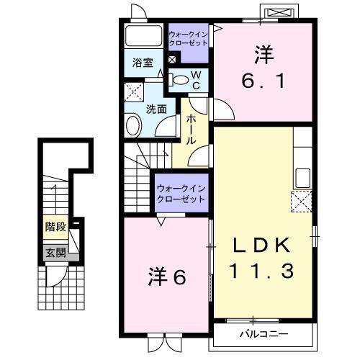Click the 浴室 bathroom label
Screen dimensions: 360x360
pyautogui.click(x=142, y=63)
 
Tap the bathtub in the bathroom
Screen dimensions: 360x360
pyautogui.click(x=143, y=36)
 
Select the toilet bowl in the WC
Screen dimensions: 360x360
pyautogui.click(x=184, y=79)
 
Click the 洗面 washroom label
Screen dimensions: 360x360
pyautogui.click(x=157, y=109)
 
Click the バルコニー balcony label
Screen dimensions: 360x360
pyautogui.click(x=264, y=334)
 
